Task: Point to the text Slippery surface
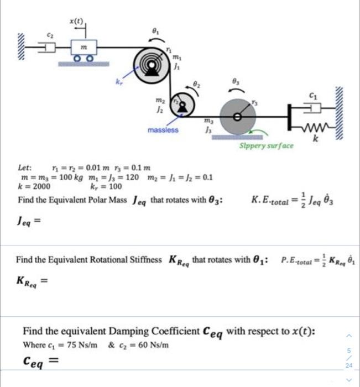coord(266,146)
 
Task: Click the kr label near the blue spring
coord(117,82)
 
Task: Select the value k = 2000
coord(34,186)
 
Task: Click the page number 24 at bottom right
coord(349,366)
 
